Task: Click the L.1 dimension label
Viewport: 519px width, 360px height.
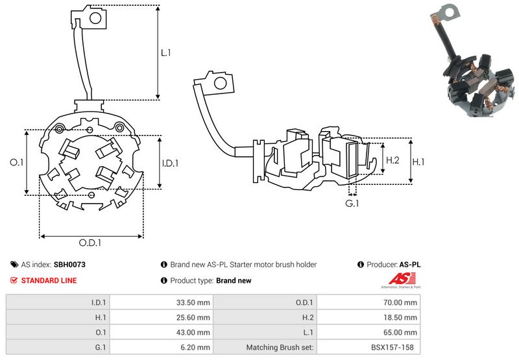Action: pyautogui.click(x=165, y=54)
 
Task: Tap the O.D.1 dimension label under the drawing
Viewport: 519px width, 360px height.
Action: pyautogui.click(x=91, y=243)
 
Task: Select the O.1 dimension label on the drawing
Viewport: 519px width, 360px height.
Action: pyautogui.click(x=17, y=163)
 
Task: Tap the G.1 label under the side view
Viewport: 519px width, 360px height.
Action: pyautogui.click(x=352, y=204)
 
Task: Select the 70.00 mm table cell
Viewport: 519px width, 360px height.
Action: pyautogui.click(x=402, y=302)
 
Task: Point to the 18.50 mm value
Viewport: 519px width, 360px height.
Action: pyautogui.click(x=402, y=317)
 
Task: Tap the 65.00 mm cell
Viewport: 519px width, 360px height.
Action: pyautogui.click(x=402, y=332)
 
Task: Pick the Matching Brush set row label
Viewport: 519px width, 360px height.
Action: pyautogui.click(x=280, y=347)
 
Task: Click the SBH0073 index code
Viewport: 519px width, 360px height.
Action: pyautogui.click(x=69, y=265)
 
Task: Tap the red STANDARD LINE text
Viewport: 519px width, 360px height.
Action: pyautogui.click(x=49, y=280)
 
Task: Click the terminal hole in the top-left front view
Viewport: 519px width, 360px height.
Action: pyautogui.click(x=94, y=18)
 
